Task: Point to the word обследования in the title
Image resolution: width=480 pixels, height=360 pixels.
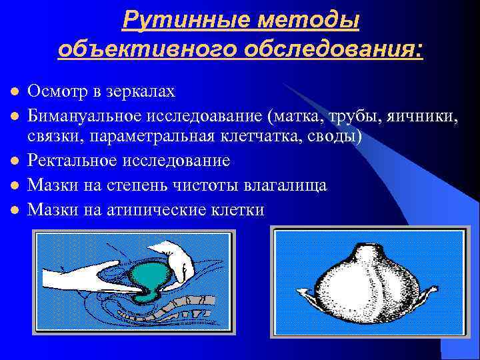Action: click(333, 50)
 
